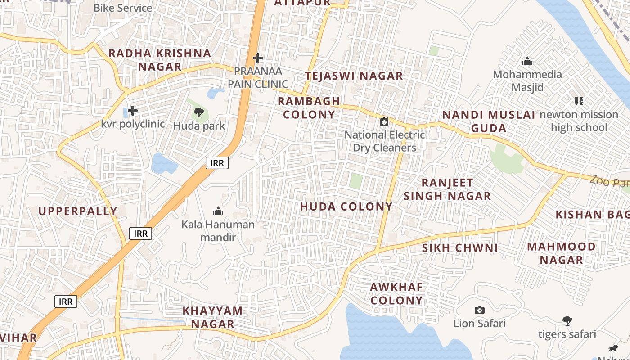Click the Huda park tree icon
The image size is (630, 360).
tap(198, 112)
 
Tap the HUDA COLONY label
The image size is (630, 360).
tap(346, 207)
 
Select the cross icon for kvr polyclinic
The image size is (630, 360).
tap(133, 110)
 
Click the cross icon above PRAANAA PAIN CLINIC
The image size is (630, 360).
tap(258, 58)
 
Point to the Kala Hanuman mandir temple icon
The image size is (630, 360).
tap(218, 211)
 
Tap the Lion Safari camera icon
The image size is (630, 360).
tap(480, 310)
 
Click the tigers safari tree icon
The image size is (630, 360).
tap(567, 321)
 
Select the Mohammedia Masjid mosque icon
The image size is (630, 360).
tap(527, 61)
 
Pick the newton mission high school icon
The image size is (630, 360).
tap(579, 101)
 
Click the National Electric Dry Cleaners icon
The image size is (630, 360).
tap(384, 121)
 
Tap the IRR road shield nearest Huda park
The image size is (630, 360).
tap(217, 163)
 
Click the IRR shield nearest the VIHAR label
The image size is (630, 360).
tap(66, 301)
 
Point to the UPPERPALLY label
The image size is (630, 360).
tap(78, 211)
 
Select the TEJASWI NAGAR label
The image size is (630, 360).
tap(354, 76)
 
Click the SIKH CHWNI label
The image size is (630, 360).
tap(460, 248)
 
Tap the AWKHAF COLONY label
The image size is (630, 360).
tap(396, 294)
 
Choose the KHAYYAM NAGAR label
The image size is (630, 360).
tap(212, 317)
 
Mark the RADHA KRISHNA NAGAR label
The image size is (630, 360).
tap(160, 60)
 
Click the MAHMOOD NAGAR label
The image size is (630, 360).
tap(561, 253)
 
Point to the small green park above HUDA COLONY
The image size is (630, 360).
tap(356, 181)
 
